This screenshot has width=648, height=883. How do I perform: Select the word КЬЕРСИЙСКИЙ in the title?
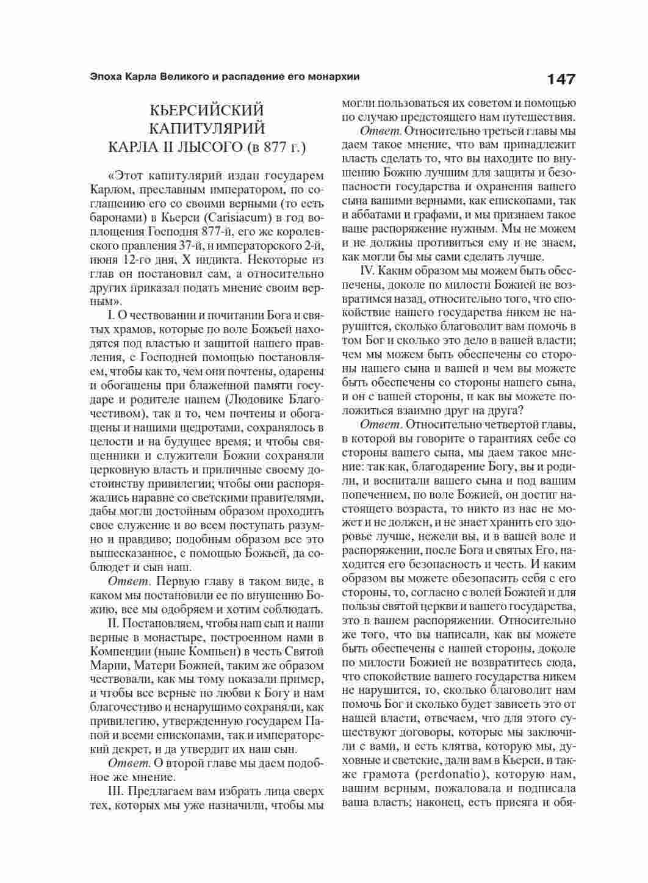207,110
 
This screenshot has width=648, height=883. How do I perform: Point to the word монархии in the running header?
335,77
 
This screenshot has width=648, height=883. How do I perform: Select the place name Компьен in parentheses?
195,651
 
